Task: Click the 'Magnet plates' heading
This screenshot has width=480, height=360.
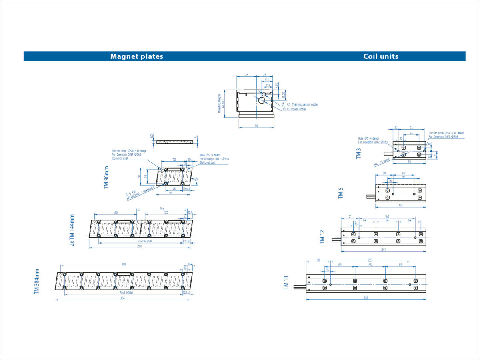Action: click(137, 56)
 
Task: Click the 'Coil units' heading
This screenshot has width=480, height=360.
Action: click(381, 56)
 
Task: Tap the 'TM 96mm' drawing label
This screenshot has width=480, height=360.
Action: click(106, 178)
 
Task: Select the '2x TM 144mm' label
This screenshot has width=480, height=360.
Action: click(72, 230)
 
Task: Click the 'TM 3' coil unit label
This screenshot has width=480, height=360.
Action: click(359, 154)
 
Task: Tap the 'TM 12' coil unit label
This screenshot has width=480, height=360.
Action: click(322, 237)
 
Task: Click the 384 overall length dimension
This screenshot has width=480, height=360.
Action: click(122, 298)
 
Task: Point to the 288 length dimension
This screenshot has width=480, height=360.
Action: click(140, 246)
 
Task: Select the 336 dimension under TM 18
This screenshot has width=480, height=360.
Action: click(366, 298)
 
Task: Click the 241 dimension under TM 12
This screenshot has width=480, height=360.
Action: click(383, 250)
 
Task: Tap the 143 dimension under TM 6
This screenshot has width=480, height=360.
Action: click(400, 206)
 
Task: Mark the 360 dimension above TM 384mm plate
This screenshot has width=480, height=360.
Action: click(124, 264)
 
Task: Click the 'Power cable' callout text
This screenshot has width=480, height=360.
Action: click(296, 109)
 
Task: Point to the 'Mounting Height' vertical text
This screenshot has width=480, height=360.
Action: click(220, 104)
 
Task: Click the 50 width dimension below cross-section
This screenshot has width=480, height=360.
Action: click(256, 126)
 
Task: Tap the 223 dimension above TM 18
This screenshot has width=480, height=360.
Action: click(370, 260)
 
